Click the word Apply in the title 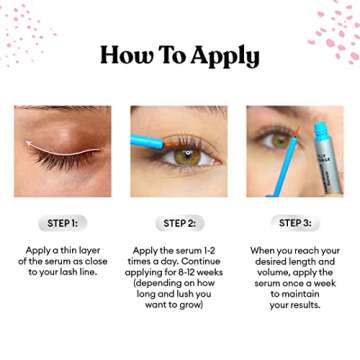[x=222, y=56]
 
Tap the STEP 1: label [x=63, y=223]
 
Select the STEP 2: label [x=179, y=223]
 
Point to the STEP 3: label [x=295, y=223]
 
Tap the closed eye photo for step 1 [x=63, y=150]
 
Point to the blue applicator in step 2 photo [x=153, y=141]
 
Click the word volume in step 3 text [x=264, y=272]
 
